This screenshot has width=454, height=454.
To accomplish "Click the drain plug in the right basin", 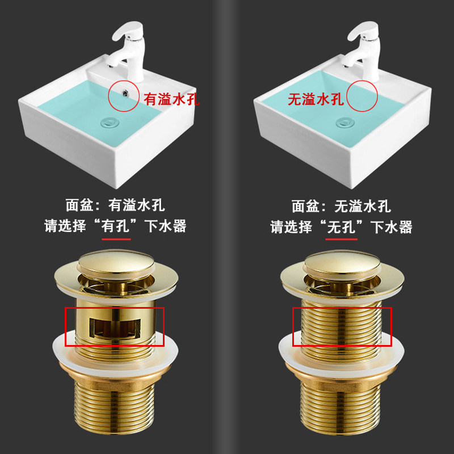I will [x=344, y=121].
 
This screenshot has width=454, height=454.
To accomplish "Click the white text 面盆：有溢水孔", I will [x=115, y=205].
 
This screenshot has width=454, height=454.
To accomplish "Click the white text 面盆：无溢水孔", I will [x=341, y=205].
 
